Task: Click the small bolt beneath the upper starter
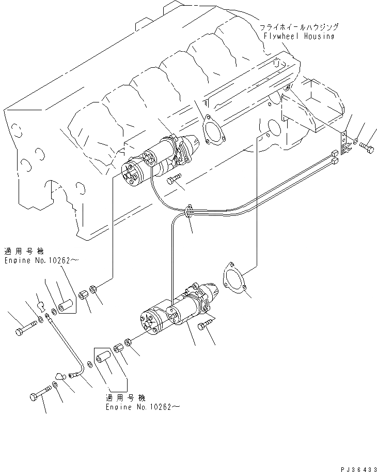tap(174, 179)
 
